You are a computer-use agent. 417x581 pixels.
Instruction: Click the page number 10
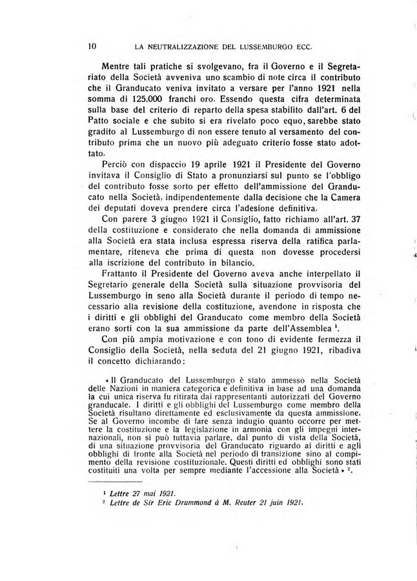[91, 46]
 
